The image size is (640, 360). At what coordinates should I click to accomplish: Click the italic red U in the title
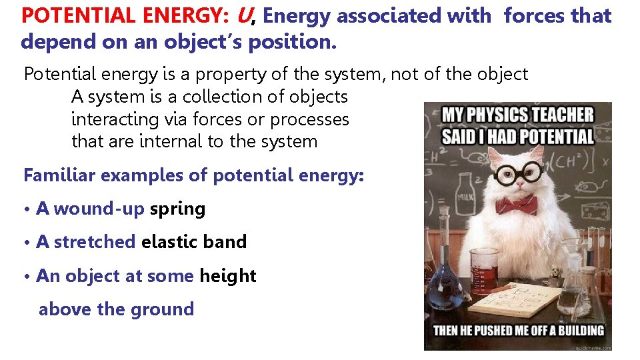tap(243, 15)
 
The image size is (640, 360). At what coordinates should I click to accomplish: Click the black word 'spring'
tap(177, 209)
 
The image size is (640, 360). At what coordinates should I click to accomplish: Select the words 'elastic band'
tap(193, 242)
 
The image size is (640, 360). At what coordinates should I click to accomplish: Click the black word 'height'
tap(227, 276)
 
